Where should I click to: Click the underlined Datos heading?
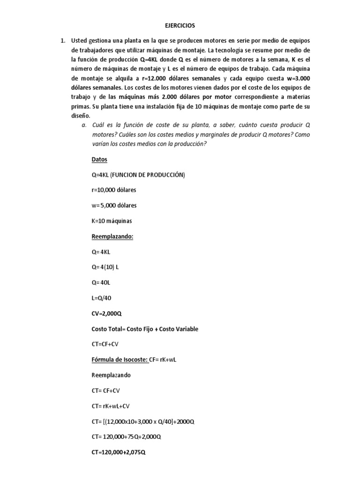click(99, 159)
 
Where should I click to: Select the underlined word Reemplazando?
click(112, 236)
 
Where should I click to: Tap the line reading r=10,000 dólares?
click(114, 190)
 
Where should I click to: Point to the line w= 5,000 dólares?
click(115, 205)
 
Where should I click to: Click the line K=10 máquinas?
click(112, 221)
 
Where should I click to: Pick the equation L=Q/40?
click(102, 298)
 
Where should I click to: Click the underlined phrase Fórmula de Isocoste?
click(119, 360)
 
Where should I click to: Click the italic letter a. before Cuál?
click(84, 125)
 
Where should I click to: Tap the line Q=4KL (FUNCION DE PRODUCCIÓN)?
click(138, 175)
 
